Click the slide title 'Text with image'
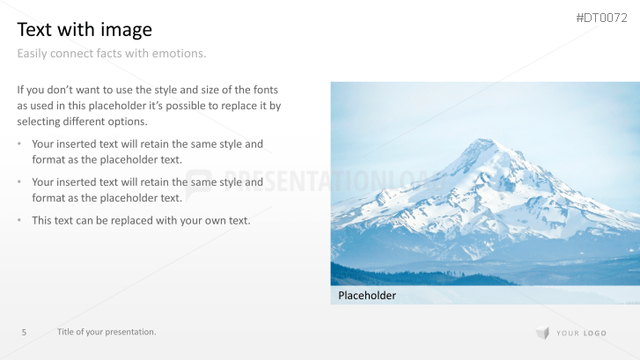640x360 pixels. pyautogui.click(x=85, y=30)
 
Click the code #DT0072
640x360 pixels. pyautogui.click(x=601, y=18)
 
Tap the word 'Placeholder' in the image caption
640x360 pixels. pyautogui.click(x=367, y=296)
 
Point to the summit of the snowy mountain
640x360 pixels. pyautogui.click(x=483, y=141)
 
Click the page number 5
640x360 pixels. pyautogui.click(x=24, y=332)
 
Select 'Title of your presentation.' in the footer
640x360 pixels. pyautogui.click(x=107, y=332)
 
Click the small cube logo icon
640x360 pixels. pyautogui.click(x=542, y=333)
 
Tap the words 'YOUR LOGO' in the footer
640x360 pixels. pyautogui.click(x=581, y=333)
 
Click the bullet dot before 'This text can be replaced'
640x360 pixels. pyautogui.click(x=19, y=220)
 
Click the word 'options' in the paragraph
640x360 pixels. pyautogui.click(x=127, y=121)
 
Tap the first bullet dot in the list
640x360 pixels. pyautogui.click(x=19, y=144)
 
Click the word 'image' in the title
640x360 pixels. pyautogui.click(x=128, y=30)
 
